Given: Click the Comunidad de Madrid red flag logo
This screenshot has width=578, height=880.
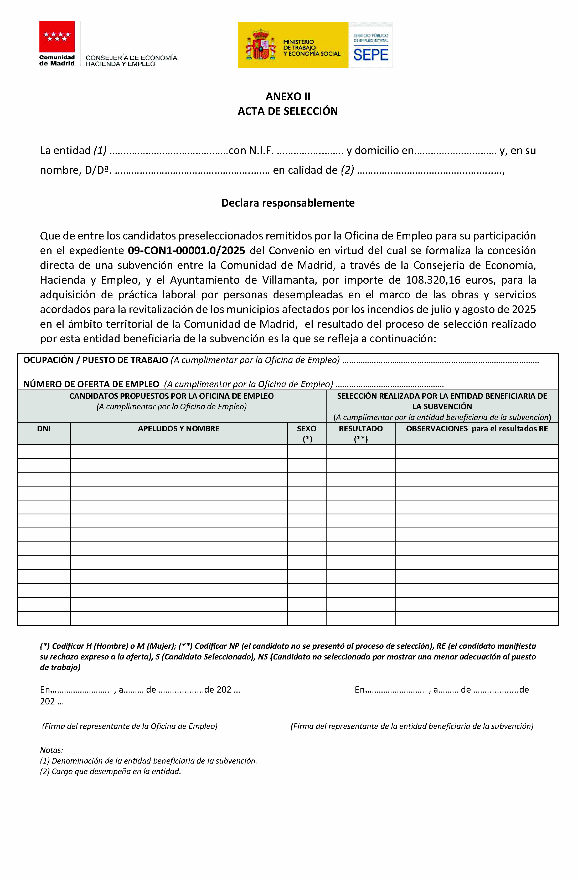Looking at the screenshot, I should pyautogui.click(x=57, y=37).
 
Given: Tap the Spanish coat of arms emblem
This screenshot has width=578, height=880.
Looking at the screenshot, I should pyautogui.click(x=261, y=45).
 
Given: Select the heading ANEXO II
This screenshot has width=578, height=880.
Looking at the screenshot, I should pyautogui.click(x=288, y=96).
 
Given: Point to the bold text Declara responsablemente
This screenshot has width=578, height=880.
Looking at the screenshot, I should pyautogui.click(x=288, y=203).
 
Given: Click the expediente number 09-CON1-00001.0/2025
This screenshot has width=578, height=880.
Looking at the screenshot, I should pyautogui.click(x=186, y=251).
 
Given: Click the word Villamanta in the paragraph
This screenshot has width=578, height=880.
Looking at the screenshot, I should pyautogui.click(x=289, y=280).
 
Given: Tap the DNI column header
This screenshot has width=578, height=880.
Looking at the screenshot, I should pyautogui.click(x=44, y=429).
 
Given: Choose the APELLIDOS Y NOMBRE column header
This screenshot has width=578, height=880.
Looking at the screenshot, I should pyautogui.click(x=178, y=429).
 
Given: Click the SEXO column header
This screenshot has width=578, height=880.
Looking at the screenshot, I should pyautogui.click(x=306, y=429).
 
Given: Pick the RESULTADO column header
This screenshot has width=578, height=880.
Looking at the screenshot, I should pyautogui.click(x=361, y=429).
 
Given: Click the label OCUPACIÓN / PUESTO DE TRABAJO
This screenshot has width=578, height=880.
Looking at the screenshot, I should pyautogui.click(x=96, y=360).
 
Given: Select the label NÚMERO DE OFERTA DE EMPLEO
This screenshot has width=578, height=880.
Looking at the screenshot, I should pyautogui.click(x=91, y=384).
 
